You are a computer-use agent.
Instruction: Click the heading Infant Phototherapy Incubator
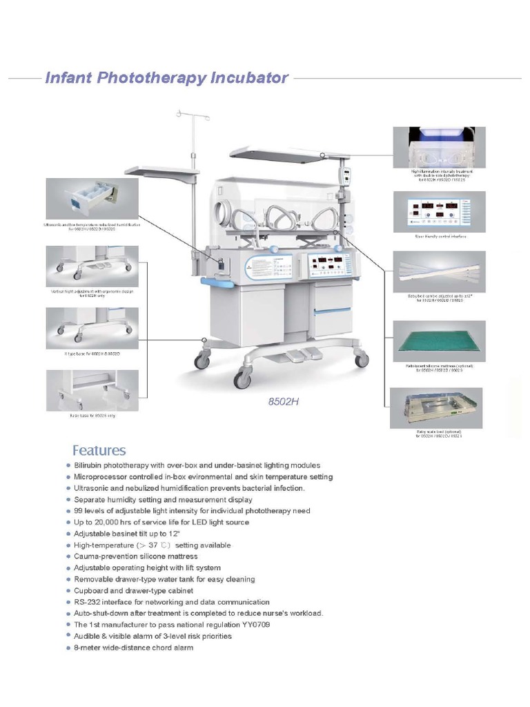point(166,77)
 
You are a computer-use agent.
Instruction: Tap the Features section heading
point(99,450)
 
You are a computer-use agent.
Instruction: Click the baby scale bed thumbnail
point(437,408)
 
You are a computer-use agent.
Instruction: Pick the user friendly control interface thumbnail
point(439,212)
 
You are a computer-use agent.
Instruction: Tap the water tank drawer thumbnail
point(91,198)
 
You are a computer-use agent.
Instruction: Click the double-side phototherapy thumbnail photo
point(439,147)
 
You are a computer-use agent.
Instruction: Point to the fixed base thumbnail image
point(92,390)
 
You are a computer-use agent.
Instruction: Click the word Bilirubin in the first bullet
point(90,465)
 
